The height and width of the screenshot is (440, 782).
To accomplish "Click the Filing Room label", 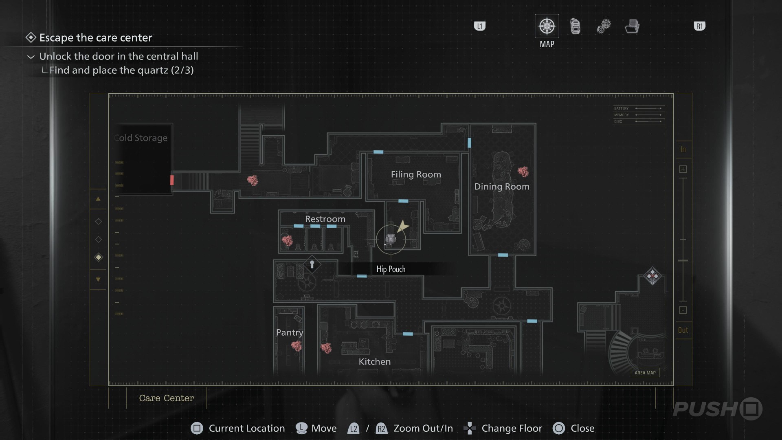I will click(416, 174).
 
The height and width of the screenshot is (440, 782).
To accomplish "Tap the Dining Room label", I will click(502, 187).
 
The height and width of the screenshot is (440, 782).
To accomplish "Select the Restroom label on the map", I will click(325, 219).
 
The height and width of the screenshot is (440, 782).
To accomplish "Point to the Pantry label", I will click(290, 332).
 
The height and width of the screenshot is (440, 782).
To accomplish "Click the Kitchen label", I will click(374, 362).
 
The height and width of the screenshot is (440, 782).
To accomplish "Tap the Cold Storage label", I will click(141, 138).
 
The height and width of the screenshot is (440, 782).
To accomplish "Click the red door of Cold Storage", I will click(172, 180).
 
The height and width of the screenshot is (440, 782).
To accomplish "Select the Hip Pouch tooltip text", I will click(391, 269).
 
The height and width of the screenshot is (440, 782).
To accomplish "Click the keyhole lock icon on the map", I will click(312, 265).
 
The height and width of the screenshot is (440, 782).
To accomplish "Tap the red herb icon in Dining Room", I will click(523, 172).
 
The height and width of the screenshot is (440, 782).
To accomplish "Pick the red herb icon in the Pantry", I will click(297, 346).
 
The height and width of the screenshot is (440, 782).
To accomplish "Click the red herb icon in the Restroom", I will click(287, 240).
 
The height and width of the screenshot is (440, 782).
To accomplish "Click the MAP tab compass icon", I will click(547, 26).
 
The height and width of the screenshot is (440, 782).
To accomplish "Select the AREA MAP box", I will click(645, 373).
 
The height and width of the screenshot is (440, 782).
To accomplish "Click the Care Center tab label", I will click(167, 398).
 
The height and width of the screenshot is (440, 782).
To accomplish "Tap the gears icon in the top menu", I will click(604, 26).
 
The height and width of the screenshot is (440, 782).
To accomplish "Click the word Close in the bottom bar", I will click(582, 429).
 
